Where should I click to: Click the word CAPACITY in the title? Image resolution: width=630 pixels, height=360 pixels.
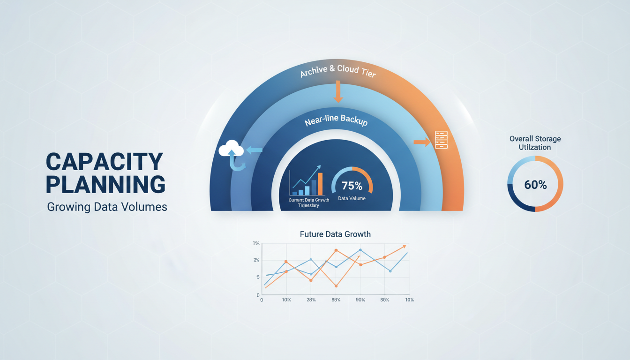(105, 162)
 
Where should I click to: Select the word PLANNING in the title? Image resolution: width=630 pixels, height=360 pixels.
(105, 185)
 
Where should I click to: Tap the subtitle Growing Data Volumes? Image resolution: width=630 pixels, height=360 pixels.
(107, 207)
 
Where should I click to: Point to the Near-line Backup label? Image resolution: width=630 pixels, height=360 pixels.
(336, 121)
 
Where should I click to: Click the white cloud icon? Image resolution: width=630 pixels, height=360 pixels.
(231, 150)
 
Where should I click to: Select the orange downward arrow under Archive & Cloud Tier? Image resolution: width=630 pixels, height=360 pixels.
(337, 92)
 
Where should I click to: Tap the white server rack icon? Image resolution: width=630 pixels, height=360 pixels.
(441, 140)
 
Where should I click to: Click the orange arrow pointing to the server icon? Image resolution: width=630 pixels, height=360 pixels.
(422, 142)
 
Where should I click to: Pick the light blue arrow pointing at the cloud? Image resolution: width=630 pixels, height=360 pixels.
(255, 150)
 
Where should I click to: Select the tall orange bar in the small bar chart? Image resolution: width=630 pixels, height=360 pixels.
(321, 184)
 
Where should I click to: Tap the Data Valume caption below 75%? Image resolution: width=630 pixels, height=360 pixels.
(352, 198)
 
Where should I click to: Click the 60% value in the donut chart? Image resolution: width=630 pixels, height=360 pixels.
(535, 185)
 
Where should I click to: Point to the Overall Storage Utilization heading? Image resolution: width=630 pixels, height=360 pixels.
(535, 143)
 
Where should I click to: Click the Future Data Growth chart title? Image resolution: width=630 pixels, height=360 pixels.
(335, 234)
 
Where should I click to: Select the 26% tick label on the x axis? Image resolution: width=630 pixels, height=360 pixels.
(311, 300)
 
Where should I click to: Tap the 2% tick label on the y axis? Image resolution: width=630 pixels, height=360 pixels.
(256, 260)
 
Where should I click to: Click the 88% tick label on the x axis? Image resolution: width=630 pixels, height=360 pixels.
(336, 300)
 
